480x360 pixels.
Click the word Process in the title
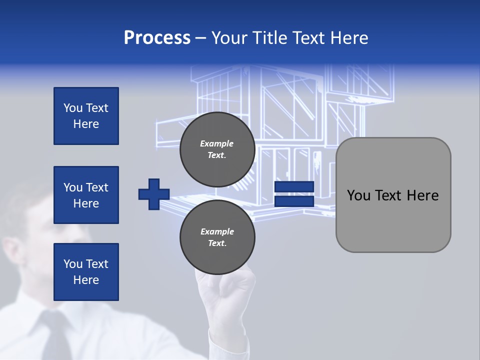[x=157, y=38]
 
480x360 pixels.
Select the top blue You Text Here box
[x=86, y=116]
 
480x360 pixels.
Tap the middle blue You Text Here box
[x=86, y=195]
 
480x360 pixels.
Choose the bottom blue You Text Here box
[x=86, y=272]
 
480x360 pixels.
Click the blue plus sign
[x=154, y=194]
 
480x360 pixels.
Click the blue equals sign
[x=294, y=194]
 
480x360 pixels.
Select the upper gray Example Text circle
[x=217, y=149]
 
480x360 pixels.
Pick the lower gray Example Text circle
[x=217, y=237]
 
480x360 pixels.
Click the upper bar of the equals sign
[x=294, y=187]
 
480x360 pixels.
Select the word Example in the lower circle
[x=217, y=231]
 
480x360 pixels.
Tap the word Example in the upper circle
[x=217, y=143]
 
